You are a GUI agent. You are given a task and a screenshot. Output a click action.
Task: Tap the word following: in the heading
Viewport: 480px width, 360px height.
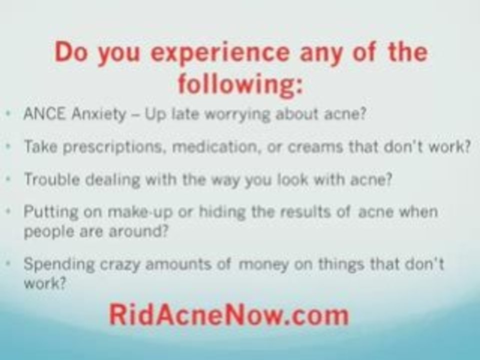[240, 83]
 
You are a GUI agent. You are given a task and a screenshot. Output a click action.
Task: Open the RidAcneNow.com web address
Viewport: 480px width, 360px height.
[228, 314]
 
